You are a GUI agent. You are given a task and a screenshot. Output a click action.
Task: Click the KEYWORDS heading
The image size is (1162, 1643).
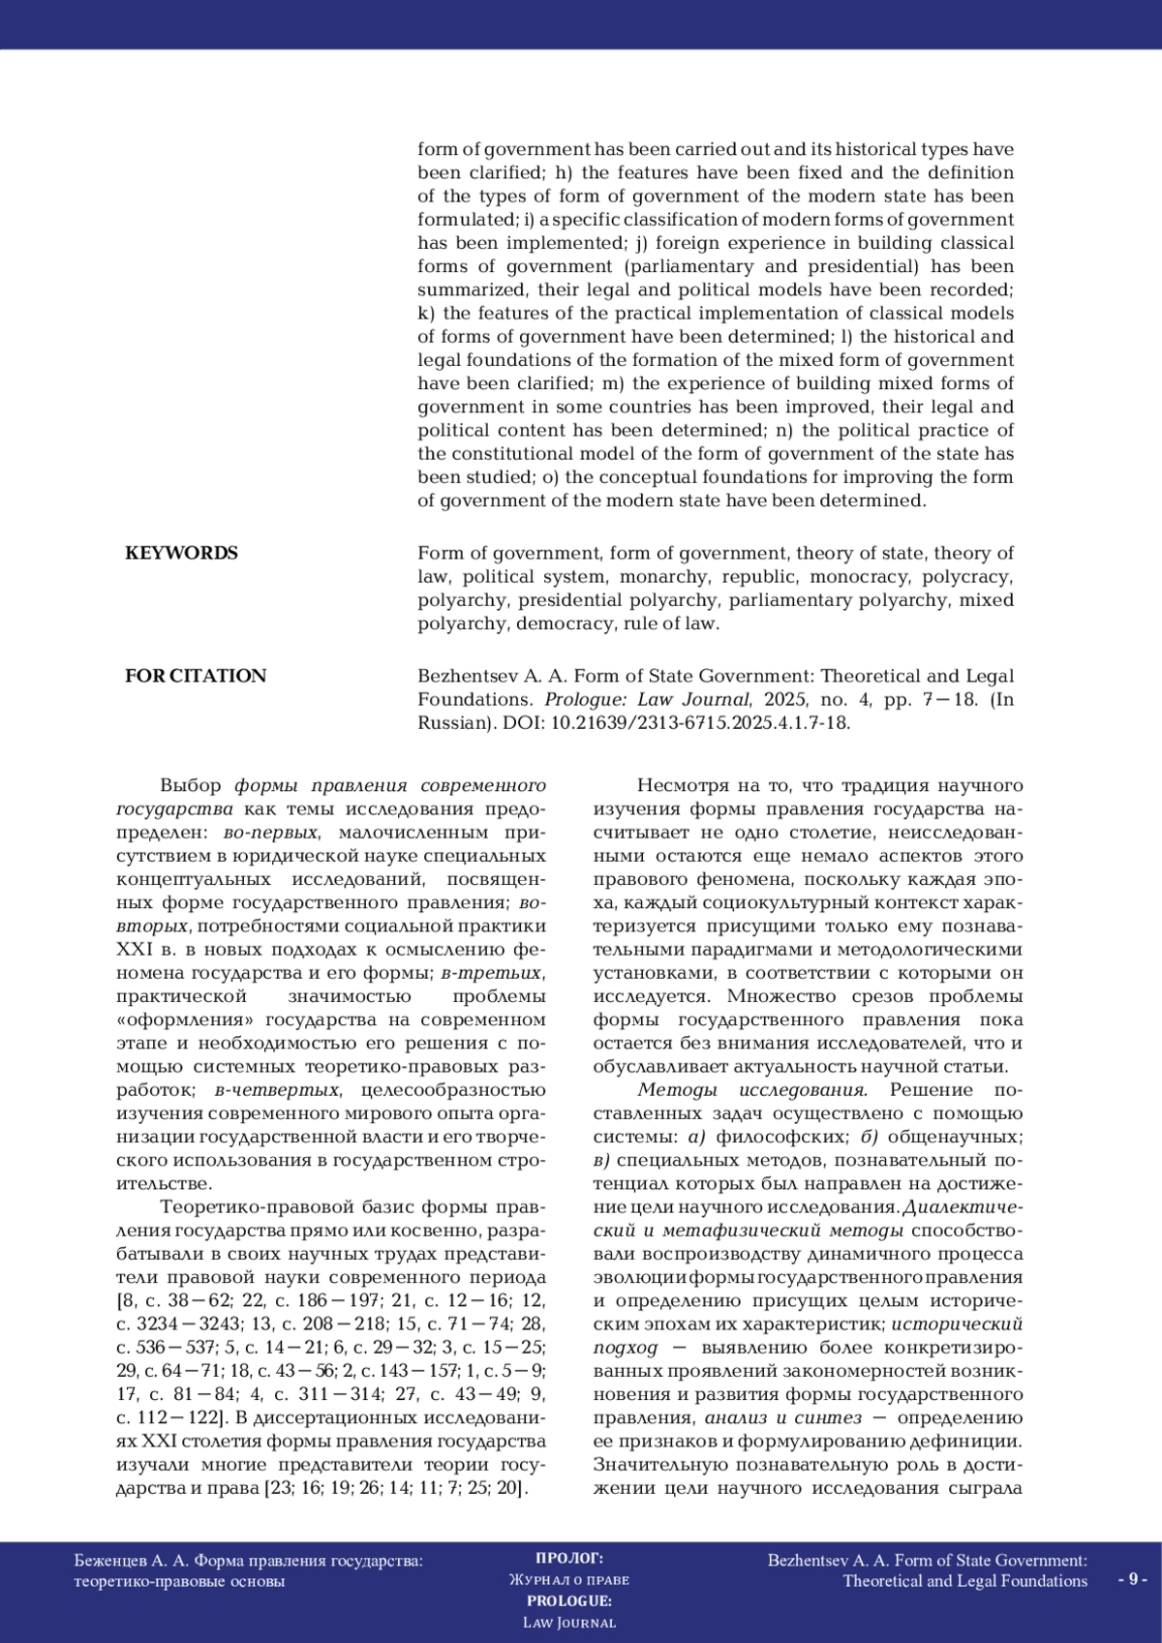[x=181, y=553]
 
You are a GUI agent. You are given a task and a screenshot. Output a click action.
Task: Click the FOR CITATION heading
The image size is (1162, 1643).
[x=195, y=676]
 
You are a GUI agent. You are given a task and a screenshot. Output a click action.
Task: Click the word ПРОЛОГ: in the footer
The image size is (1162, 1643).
[x=568, y=1558]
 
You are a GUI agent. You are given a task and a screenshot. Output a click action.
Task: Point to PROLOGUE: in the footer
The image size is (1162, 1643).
[x=568, y=1600]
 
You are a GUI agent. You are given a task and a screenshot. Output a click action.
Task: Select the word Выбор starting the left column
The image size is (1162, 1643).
[x=191, y=785]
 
